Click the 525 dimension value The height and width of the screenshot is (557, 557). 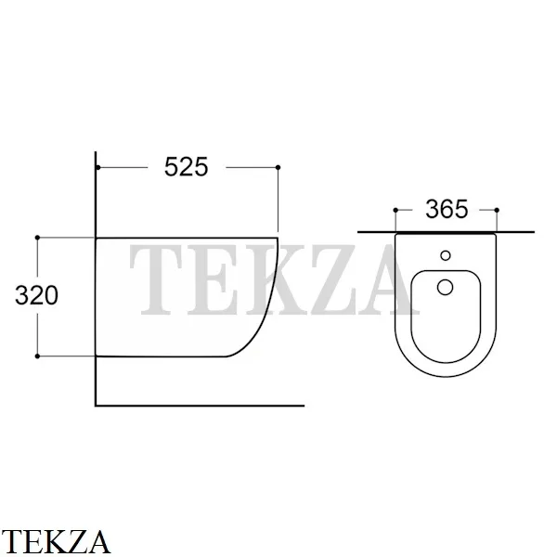click(187, 166)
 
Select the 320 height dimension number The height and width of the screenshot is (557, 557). click(36, 295)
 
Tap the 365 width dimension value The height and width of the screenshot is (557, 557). click(447, 209)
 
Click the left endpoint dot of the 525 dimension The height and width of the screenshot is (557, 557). click(98, 167)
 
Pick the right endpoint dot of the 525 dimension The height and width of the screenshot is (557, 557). click(278, 167)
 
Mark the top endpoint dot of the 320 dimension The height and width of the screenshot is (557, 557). click(37, 238)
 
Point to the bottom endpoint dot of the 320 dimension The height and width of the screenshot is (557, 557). click(37, 356)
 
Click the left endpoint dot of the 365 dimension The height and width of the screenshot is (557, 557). click(395, 211)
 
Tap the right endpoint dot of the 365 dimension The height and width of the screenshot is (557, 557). click(497, 211)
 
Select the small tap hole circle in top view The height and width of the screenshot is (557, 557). click(446, 255)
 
